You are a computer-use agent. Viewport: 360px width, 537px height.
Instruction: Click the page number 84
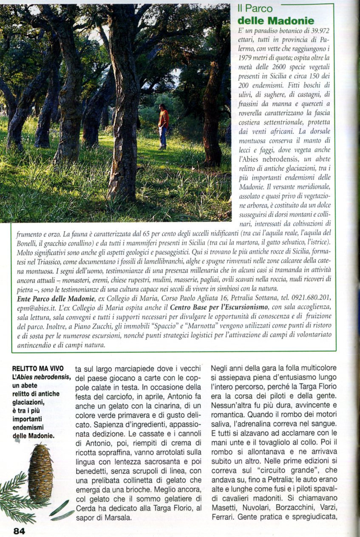pos(19,531)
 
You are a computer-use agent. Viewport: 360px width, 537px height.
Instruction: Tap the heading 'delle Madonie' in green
pos(276,20)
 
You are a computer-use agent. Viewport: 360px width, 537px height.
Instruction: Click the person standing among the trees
pos(163,125)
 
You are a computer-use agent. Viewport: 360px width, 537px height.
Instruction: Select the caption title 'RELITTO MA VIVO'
pos(35,369)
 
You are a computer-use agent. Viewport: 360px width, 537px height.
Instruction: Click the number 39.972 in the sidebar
pos(318,31)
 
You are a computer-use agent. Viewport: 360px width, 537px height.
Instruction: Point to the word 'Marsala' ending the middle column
pos(116,517)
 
